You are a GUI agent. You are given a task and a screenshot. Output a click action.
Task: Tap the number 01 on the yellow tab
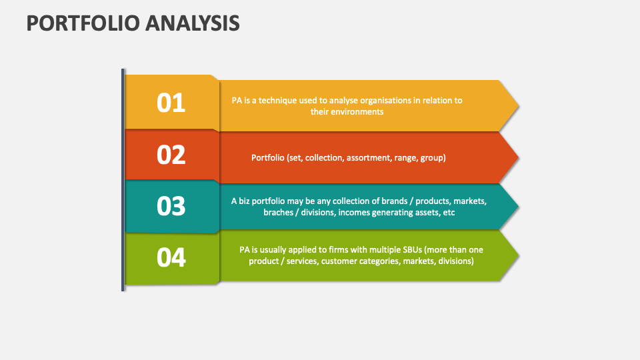pos(171,103)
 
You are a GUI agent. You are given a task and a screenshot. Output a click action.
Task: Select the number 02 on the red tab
pos(171,155)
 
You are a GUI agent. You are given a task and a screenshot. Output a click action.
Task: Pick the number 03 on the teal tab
pos(171,206)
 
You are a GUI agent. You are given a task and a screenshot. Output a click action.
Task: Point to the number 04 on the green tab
pos(171,257)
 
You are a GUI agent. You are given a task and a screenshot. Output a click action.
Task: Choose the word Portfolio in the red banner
pos(267,158)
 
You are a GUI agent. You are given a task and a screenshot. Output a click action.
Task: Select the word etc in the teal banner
pos(447,212)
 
